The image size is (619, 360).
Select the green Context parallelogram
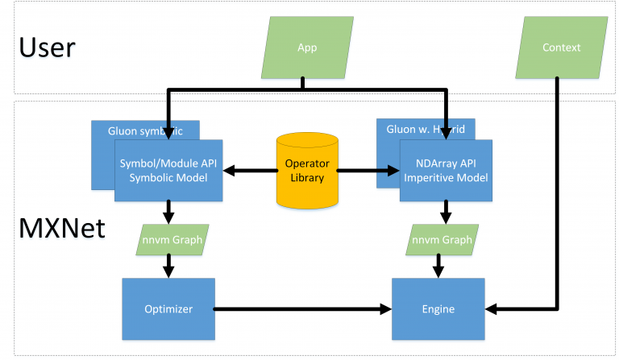pos(561,48)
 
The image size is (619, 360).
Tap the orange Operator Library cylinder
pos(307,170)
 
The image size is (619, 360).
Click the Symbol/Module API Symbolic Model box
pos(168,170)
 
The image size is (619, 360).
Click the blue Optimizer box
pos(168,308)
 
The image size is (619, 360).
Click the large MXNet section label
pos(62,229)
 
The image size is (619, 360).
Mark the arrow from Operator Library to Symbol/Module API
pos(250,170)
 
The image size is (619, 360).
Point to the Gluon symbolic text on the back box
pos(145,130)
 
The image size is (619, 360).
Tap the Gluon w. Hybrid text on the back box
pos(423,128)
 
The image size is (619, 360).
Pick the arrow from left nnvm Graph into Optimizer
pos(168,266)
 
